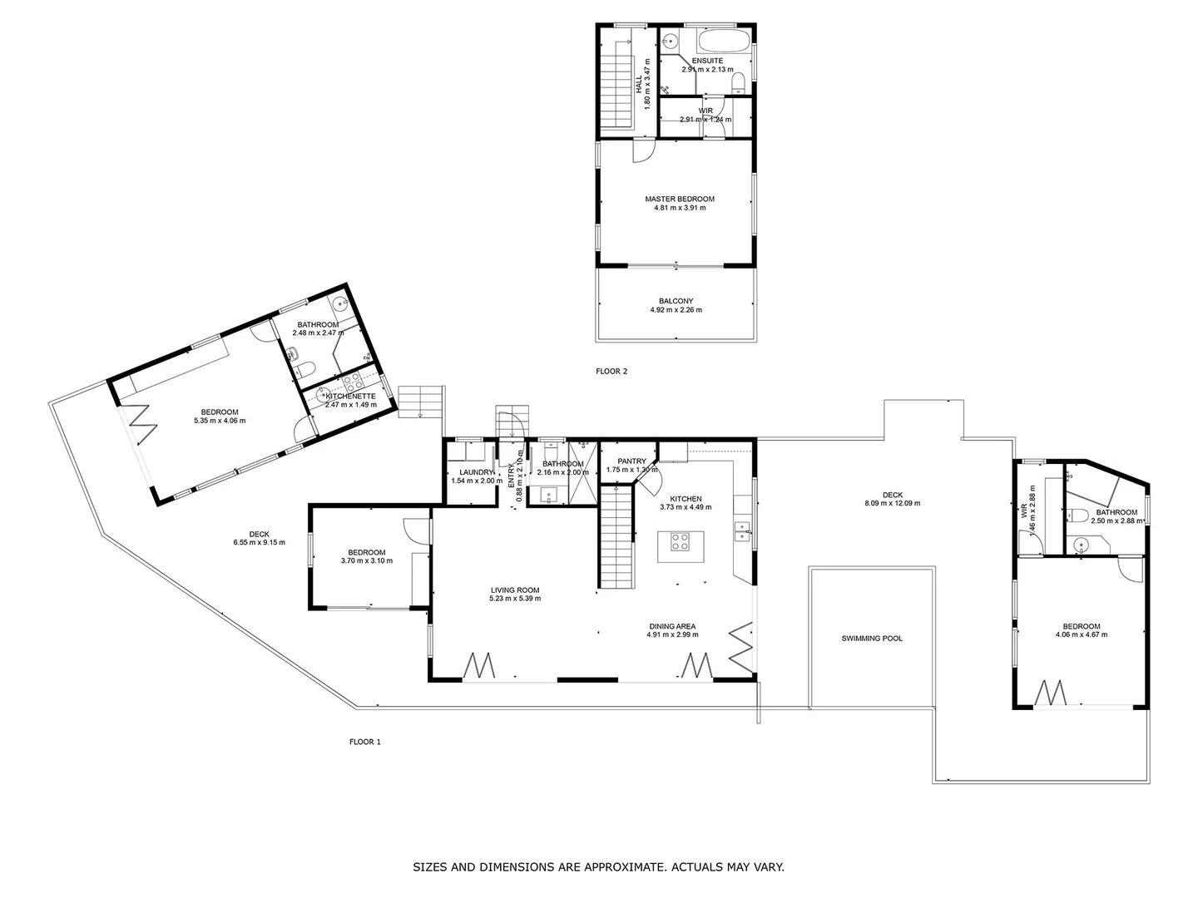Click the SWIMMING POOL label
coord(871,639)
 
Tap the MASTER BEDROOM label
coord(680,199)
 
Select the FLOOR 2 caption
coord(611,371)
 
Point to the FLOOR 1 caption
coord(364,742)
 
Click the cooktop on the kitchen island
coord(680,542)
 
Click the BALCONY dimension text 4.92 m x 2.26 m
coord(676,310)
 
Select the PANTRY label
coord(631,461)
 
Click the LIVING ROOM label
coord(515,590)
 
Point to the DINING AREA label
coord(672,626)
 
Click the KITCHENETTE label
coord(350,397)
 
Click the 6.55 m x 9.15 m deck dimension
coord(259,542)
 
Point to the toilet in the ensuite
coord(738,81)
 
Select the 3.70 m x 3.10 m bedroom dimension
coord(366,560)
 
